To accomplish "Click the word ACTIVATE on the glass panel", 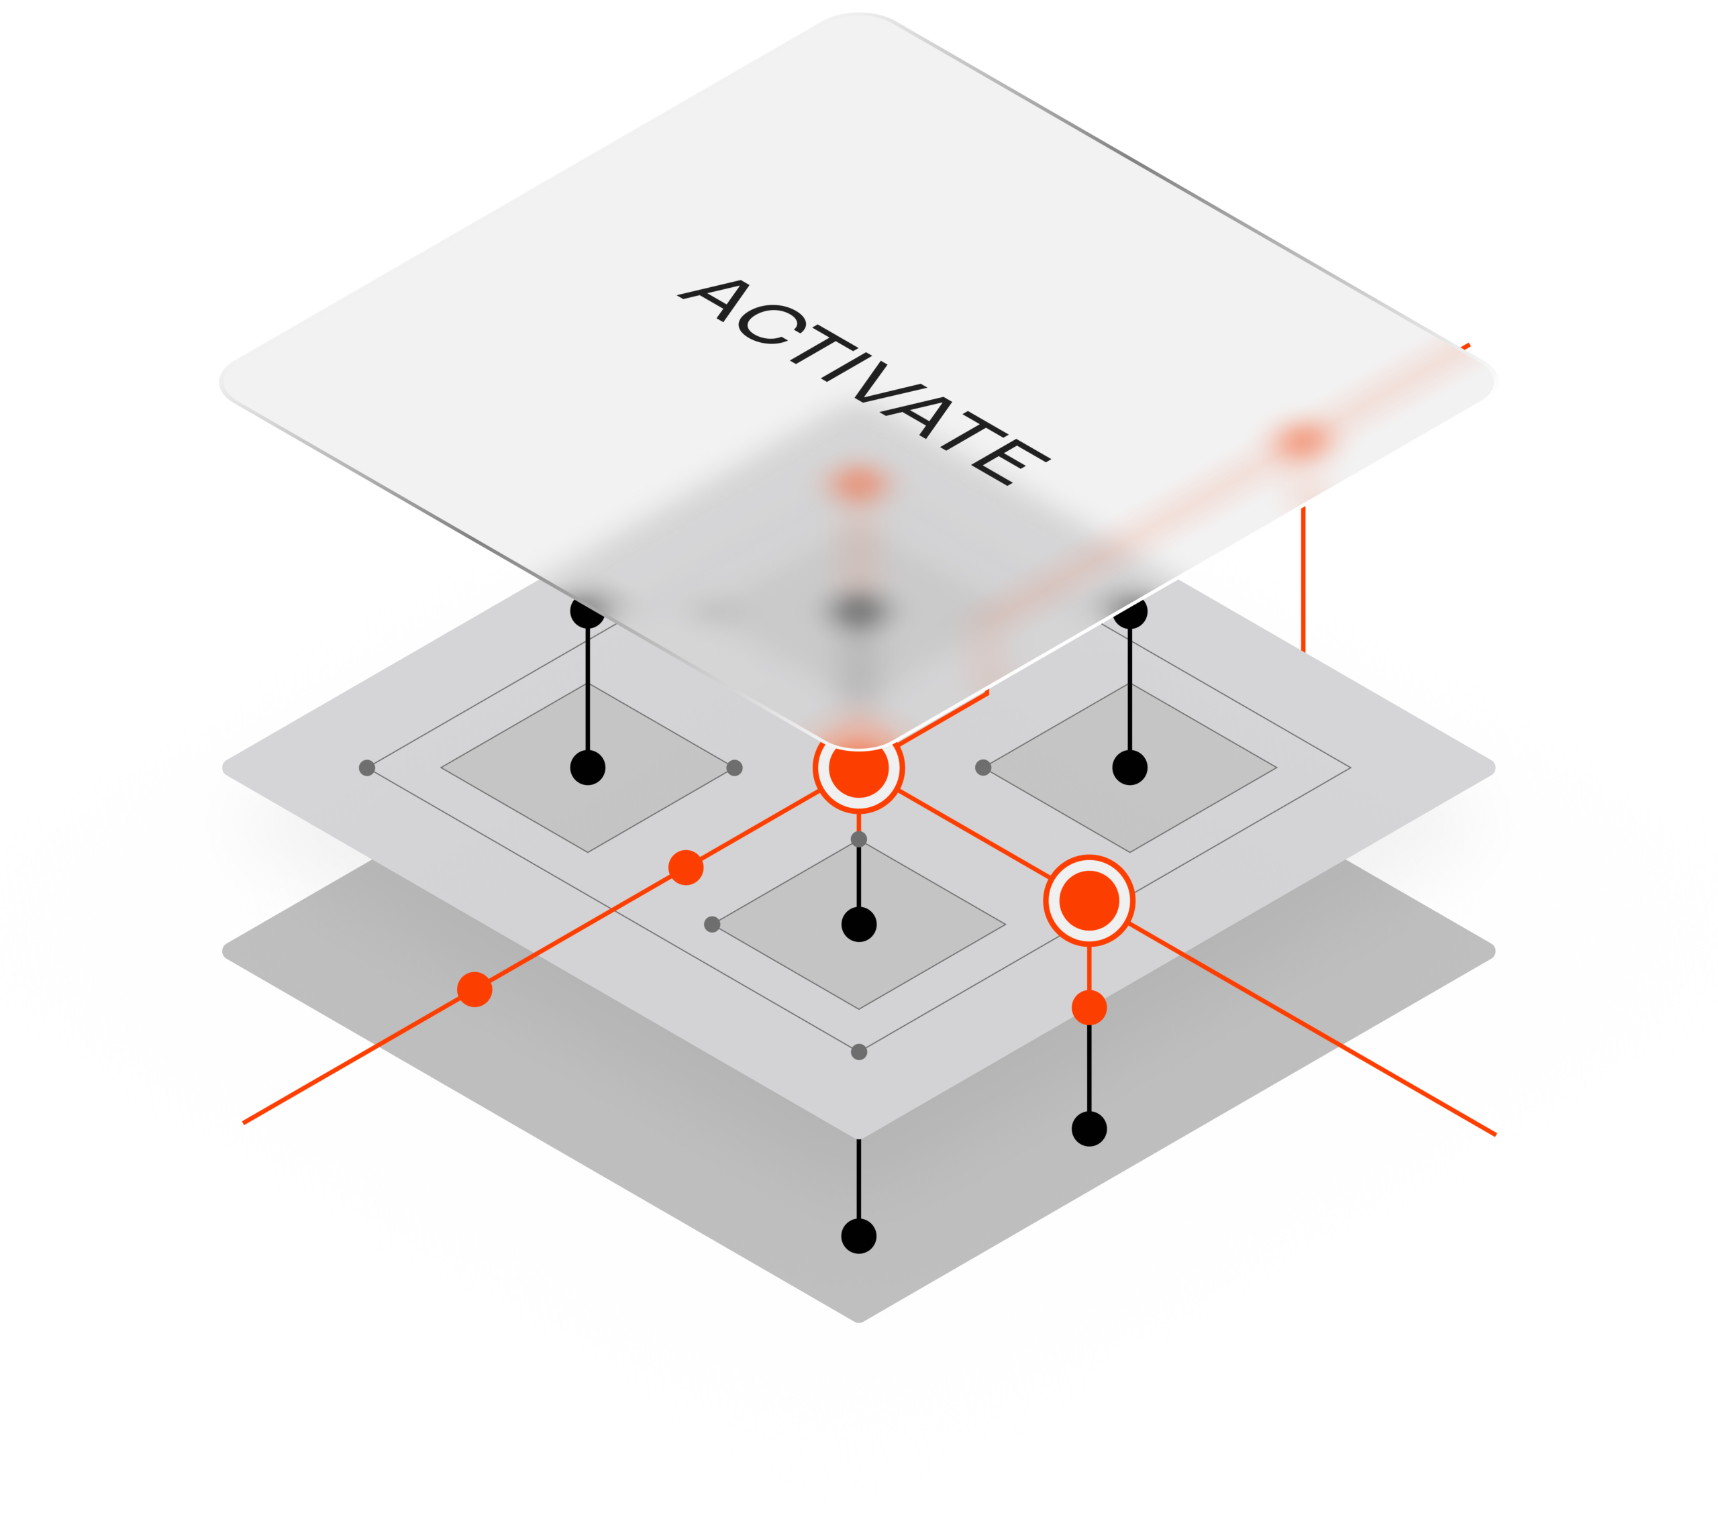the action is pos(864,382).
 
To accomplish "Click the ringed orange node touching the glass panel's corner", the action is pos(858,768).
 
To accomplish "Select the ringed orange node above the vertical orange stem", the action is pos(1089,900).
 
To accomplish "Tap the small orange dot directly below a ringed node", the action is pos(1089,1008).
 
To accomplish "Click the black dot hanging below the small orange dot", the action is pos(1089,1129).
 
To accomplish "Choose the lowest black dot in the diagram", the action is pos(858,1237).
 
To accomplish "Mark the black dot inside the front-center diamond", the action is pos(858,925).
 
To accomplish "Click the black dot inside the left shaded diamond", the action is pos(587,768).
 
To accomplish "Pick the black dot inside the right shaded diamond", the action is pos(1129,768).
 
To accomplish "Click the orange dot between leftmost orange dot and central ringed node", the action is pos(686,868).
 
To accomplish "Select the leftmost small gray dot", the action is pos(366,768).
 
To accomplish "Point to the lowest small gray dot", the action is pos(858,1052).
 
